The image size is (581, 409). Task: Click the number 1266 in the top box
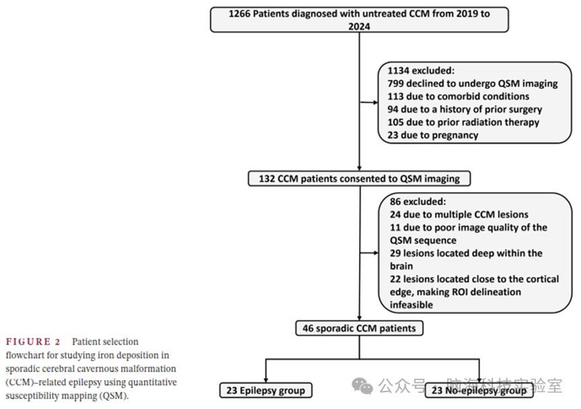pyautogui.click(x=239, y=13)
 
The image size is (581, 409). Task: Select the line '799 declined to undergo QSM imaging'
pyautogui.click(x=473, y=84)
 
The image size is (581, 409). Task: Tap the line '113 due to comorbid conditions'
pyautogui.click(x=459, y=96)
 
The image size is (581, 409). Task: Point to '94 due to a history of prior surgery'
pyautogui.click(x=465, y=109)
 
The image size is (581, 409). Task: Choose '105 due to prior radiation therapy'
pyautogui.click(x=463, y=122)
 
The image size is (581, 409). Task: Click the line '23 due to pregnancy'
pyautogui.click(x=433, y=135)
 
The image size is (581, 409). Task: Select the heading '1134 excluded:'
pyautogui.click(x=421, y=71)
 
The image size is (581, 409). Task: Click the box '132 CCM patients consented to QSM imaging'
pyautogui.click(x=359, y=179)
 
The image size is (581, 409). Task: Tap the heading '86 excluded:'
pyautogui.click(x=418, y=201)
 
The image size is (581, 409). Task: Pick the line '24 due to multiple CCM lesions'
pyautogui.click(x=459, y=214)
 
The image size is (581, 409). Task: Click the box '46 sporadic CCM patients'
pyautogui.click(x=359, y=328)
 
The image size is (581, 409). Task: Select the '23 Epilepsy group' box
pyautogui.click(x=266, y=390)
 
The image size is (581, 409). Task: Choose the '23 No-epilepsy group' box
pyautogui.click(x=479, y=390)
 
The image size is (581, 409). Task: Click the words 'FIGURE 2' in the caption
pyautogui.click(x=33, y=341)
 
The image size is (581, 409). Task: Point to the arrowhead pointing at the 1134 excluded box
pyautogui.click(x=376, y=103)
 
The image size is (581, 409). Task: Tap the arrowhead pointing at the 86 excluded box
pyautogui.click(x=376, y=253)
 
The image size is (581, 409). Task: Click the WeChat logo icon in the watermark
pyautogui.click(x=362, y=385)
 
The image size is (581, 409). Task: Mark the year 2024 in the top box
pyautogui.click(x=359, y=26)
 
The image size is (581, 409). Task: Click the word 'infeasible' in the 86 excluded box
pyautogui.click(x=412, y=305)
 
